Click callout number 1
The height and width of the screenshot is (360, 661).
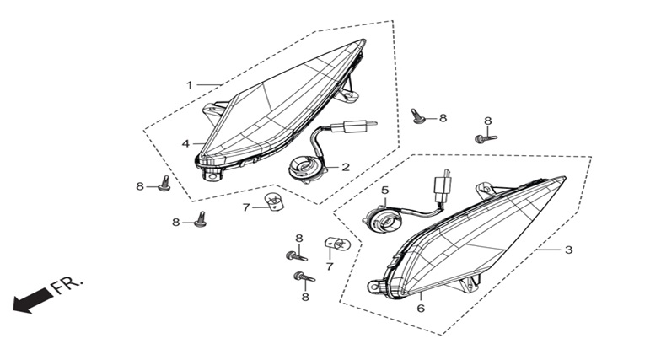[189, 85]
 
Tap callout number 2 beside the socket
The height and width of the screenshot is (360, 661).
[346, 167]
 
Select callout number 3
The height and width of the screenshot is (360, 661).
[568, 250]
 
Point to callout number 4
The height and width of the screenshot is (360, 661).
[185, 143]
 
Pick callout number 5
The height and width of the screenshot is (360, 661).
[384, 191]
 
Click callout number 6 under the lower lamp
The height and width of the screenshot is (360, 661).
[421, 309]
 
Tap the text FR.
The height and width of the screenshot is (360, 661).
[67, 285]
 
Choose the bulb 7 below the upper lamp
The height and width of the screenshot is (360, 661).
[275, 200]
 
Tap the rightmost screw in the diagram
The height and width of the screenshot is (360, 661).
[486, 138]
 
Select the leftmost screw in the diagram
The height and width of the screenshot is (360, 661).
[164, 184]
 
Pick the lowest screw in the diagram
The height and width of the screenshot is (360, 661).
[304, 277]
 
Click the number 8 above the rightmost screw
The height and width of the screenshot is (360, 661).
[487, 121]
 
